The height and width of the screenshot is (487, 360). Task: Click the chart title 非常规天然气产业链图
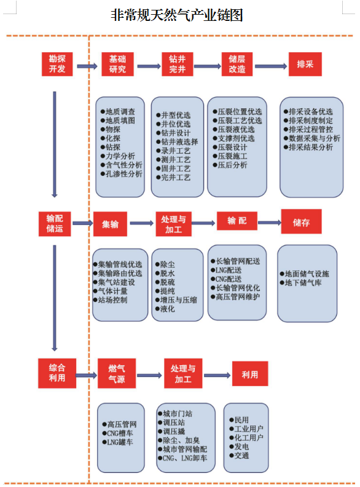(x=176, y=15)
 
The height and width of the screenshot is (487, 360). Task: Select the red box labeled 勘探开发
(x=57, y=65)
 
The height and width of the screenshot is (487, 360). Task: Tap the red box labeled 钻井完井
(x=177, y=65)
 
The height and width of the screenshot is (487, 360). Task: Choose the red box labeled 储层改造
(x=237, y=65)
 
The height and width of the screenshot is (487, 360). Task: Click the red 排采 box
(x=305, y=65)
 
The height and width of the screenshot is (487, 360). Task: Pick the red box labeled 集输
(x=110, y=224)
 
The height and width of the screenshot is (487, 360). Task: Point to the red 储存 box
(x=302, y=221)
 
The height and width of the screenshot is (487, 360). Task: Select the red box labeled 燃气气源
(x=117, y=373)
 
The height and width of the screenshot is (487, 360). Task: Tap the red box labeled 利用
(x=250, y=374)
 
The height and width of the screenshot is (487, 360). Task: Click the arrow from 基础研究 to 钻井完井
(x=149, y=66)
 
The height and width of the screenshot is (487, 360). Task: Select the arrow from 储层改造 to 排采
(x=271, y=66)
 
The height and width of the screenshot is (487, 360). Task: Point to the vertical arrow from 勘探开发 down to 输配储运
(x=55, y=145)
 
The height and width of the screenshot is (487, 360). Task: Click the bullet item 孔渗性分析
(x=122, y=174)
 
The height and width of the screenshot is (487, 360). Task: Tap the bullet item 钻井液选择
(x=177, y=142)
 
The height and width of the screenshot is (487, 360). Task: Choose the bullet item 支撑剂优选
(x=233, y=138)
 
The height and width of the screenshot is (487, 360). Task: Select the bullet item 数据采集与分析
(x=312, y=138)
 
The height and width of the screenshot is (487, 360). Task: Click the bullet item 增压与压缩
(x=176, y=300)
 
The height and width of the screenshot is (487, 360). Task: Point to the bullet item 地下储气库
(x=300, y=283)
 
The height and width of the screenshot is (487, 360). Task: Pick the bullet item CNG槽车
(x=117, y=434)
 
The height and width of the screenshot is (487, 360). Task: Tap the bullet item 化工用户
(x=246, y=438)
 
